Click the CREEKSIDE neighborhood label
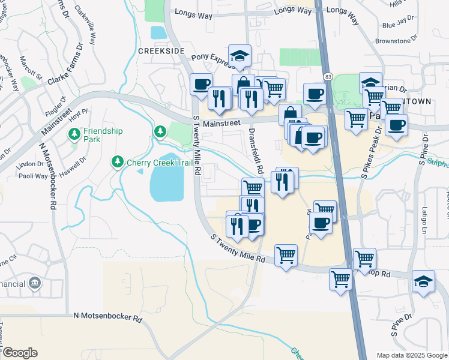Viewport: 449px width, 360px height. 160,52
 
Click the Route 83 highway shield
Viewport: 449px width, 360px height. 327,77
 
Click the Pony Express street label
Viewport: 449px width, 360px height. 209,58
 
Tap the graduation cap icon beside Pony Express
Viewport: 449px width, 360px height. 240,56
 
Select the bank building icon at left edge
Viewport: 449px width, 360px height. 35,283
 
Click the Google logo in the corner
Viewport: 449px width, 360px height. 19,353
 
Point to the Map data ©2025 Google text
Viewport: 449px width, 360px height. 411,355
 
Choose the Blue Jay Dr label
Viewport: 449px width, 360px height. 397,25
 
